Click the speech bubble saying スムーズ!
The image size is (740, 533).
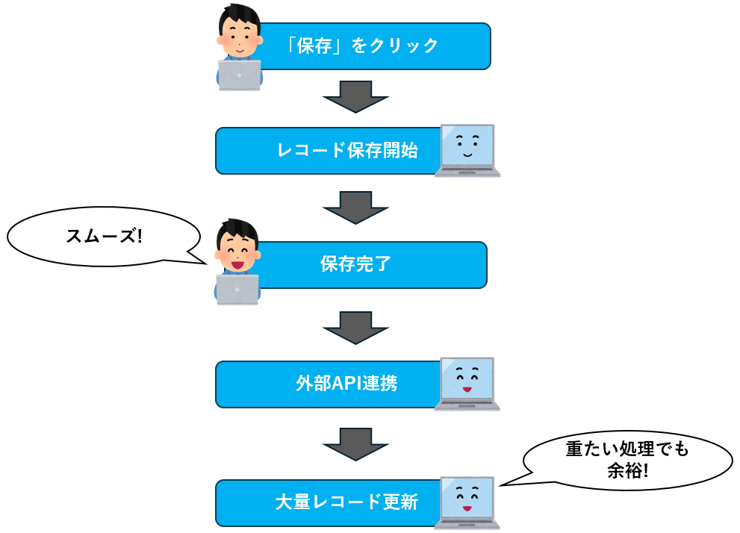[x=104, y=236]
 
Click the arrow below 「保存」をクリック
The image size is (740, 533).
[x=356, y=96]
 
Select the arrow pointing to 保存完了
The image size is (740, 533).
[x=356, y=207]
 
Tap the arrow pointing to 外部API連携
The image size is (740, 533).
[x=356, y=326]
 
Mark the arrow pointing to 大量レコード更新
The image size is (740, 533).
[x=356, y=443]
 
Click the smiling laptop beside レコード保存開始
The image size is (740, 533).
[x=467, y=150]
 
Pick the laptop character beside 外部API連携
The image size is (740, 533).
[x=467, y=383]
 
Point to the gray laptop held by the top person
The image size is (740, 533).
[x=240, y=75]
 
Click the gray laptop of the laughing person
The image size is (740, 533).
[x=237, y=289]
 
